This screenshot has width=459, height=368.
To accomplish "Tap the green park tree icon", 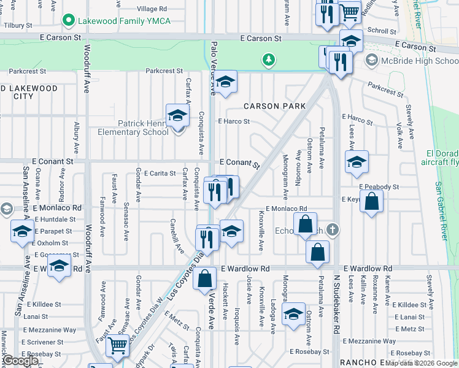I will (x=268, y=59).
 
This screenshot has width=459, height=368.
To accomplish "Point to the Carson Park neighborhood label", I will (x=274, y=106).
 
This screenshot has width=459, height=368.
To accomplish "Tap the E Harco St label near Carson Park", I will (x=234, y=121).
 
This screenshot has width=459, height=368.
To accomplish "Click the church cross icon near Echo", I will (x=332, y=229).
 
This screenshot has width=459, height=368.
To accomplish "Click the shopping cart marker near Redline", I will (x=349, y=12).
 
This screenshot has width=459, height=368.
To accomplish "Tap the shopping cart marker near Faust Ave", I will (x=117, y=345).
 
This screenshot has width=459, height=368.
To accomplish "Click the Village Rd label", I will (x=152, y=9).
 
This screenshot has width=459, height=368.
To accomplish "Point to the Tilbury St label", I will (x=17, y=25).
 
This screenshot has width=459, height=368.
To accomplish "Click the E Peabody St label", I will (x=379, y=186).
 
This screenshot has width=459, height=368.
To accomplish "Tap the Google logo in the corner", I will (x=20, y=361).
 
